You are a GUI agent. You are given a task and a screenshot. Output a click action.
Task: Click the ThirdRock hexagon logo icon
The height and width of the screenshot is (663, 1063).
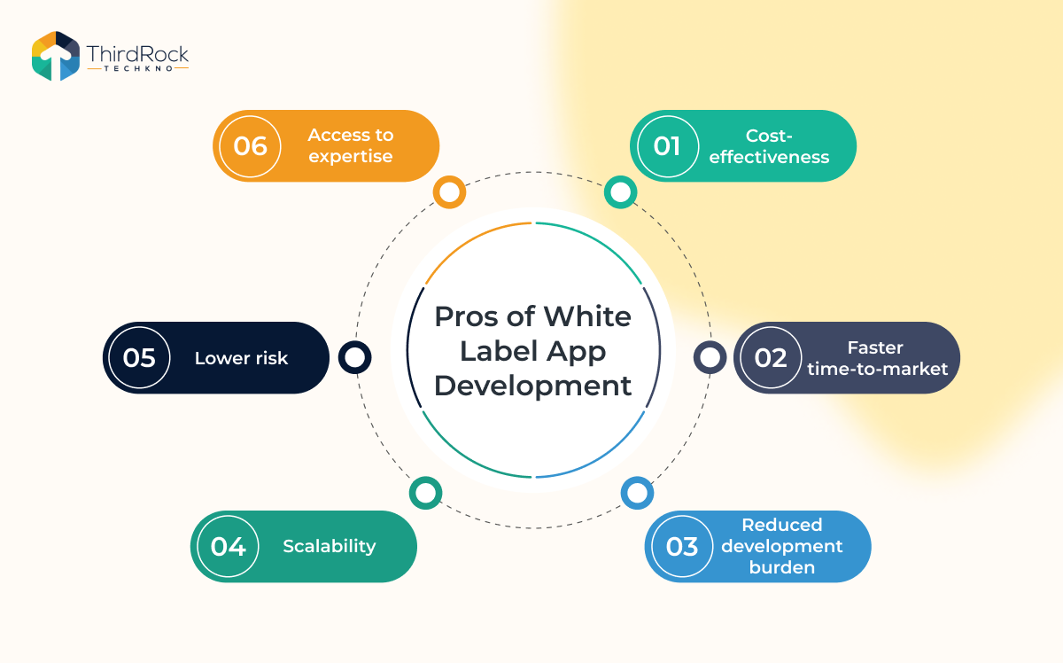click(56, 56)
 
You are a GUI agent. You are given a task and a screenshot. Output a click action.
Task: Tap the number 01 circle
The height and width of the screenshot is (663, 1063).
click(666, 145)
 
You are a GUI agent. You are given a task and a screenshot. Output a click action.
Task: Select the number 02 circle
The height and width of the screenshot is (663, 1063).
click(770, 357)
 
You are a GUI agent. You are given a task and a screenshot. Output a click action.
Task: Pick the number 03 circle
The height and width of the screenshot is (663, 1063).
click(681, 546)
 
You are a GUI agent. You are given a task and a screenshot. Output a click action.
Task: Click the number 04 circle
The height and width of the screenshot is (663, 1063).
click(228, 546)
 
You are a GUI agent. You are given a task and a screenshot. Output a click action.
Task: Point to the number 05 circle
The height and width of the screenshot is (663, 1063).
click(139, 357)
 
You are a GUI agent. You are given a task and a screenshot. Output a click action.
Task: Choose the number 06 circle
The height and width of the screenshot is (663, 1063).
click(250, 145)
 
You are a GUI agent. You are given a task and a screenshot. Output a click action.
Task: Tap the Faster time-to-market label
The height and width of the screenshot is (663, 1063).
click(877, 358)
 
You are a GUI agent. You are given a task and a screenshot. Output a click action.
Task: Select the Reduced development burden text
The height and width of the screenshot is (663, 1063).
click(781, 546)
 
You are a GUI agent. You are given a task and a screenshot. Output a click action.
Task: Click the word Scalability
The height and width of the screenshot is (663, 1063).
click(330, 546)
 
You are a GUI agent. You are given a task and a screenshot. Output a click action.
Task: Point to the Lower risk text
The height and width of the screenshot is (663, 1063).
click(241, 358)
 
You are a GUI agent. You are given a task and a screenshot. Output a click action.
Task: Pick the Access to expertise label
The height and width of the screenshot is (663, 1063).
click(350, 146)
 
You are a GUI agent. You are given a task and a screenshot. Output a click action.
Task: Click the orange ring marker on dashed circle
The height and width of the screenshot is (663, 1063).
click(450, 191)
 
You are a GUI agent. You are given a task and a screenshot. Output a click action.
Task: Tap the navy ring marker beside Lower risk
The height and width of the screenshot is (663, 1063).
click(354, 357)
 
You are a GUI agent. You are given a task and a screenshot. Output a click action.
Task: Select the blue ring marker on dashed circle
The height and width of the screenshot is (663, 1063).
click(636, 493)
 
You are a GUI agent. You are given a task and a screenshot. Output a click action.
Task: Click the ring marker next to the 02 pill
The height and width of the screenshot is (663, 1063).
click(710, 357)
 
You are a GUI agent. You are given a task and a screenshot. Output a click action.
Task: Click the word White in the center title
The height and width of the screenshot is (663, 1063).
click(587, 316)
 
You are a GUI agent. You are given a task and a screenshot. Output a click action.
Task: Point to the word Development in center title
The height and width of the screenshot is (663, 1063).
click(533, 386)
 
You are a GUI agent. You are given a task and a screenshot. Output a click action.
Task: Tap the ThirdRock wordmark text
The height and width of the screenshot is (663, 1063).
click(137, 55)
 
